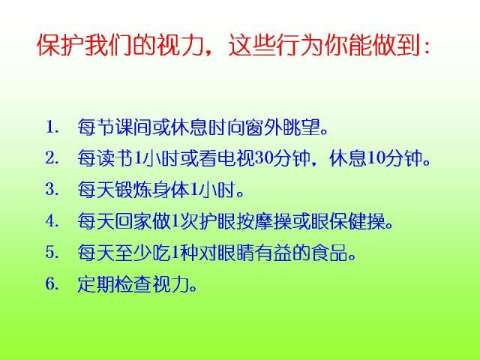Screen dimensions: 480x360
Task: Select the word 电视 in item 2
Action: (236, 158)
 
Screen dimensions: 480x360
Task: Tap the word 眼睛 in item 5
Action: (236, 253)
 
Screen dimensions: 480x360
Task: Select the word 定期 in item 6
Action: (96, 284)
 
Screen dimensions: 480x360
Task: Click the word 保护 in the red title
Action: (60, 45)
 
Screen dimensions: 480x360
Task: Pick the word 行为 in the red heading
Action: (300, 45)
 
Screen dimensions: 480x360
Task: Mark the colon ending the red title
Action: (427, 47)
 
